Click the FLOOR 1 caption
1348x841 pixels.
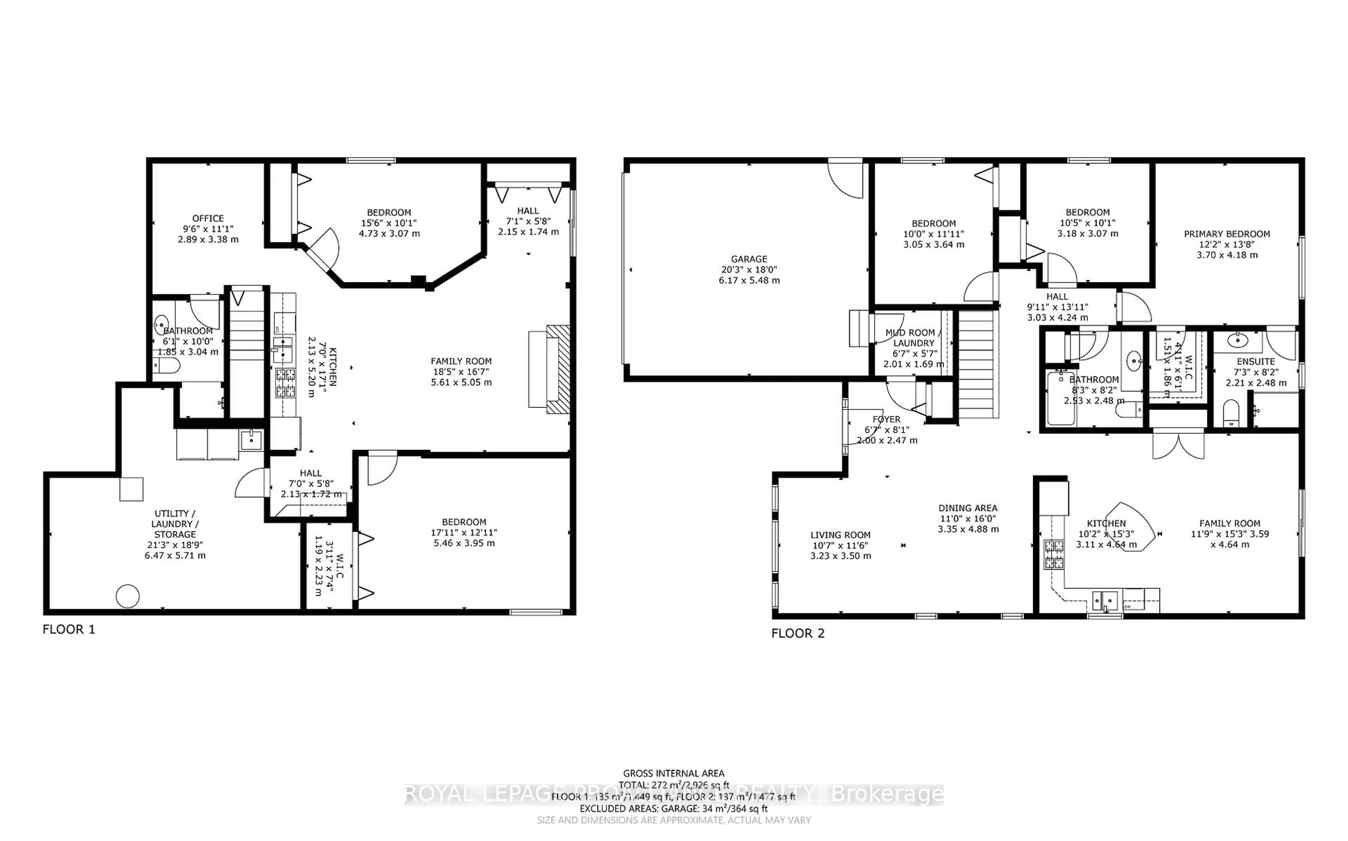(x=69, y=629)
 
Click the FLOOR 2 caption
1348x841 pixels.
(x=798, y=633)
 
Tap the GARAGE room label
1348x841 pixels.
(x=748, y=258)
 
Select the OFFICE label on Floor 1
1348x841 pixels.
(x=208, y=218)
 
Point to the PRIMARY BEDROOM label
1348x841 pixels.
(x=1227, y=234)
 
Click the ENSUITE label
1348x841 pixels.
(x=1256, y=361)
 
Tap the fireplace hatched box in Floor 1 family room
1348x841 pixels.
(x=558, y=369)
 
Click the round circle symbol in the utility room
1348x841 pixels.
(x=127, y=596)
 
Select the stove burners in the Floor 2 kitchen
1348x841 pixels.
(x=1053, y=554)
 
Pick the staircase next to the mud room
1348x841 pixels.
(x=977, y=364)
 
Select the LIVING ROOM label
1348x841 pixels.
(x=840, y=534)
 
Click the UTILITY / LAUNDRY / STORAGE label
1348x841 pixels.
(x=175, y=523)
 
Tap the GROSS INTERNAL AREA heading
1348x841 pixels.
(x=673, y=773)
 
